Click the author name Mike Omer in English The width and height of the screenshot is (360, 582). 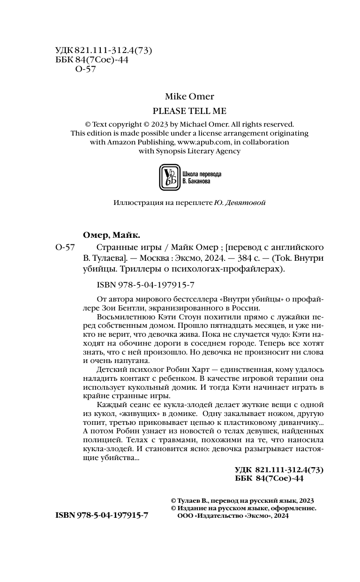coord(189,97)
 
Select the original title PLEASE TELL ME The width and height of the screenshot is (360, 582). coord(189,111)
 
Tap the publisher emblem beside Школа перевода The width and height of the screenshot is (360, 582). coord(169,177)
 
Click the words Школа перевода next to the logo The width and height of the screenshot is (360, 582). coord(202,174)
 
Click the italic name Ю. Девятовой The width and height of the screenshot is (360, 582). coord(240,203)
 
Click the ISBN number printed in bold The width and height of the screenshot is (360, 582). coord(102,515)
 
